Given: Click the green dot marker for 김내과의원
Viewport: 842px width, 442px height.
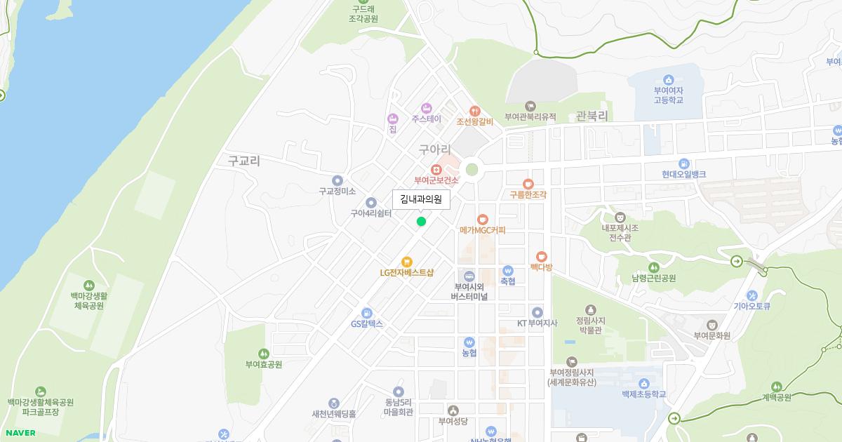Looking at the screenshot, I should (421, 222).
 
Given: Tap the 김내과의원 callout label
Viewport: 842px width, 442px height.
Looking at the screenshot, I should (421, 199).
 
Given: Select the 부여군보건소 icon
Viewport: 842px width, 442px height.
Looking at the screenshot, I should (436, 169).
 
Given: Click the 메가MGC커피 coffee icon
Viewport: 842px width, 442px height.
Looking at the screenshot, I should (482, 219).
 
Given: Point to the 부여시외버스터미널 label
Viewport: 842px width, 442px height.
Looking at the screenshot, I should (469, 291).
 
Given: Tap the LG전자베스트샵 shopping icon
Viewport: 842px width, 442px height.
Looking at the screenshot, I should (407, 262).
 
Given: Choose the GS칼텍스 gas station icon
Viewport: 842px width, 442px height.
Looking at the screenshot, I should (366, 313).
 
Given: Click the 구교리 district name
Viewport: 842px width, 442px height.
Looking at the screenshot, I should (243, 161).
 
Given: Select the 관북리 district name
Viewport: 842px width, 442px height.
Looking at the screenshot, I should (591, 116).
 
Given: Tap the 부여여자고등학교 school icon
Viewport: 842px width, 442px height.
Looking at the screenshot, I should (668, 79).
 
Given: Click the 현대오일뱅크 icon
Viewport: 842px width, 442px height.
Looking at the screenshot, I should (683, 163).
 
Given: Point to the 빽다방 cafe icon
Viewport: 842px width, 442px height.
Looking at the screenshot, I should (541, 256).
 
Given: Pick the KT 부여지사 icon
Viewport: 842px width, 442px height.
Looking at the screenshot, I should (537, 312).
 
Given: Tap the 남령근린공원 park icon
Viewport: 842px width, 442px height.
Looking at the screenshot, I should (653, 267).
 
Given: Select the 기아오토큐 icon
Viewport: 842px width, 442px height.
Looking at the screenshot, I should (752, 295).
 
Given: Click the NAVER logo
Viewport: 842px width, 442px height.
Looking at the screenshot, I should (19, 433).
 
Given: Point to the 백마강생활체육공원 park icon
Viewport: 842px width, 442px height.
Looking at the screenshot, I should (88, 285).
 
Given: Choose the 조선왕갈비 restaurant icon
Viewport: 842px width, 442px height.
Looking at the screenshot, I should (475, 110).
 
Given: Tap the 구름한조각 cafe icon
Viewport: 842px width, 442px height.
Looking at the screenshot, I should (528, 183).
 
